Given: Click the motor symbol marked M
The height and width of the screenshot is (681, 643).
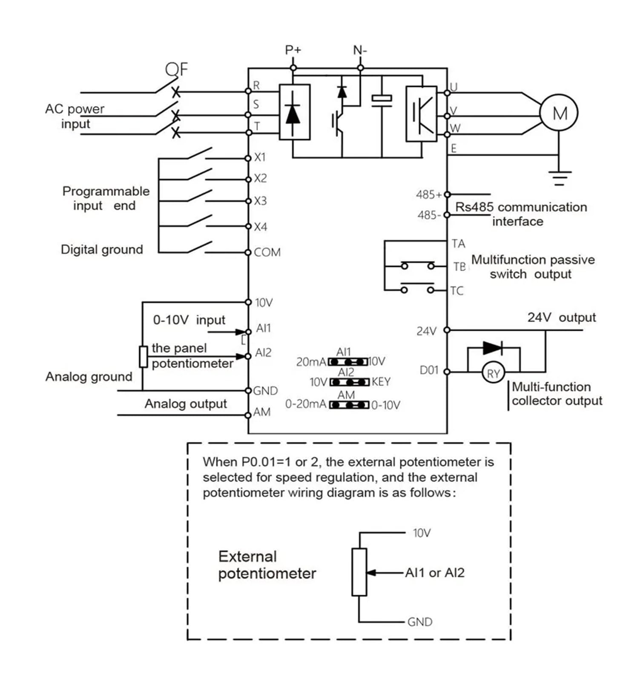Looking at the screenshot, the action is (x=559, y=113).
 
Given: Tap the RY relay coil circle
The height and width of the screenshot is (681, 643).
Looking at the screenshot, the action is (x=493, y=373).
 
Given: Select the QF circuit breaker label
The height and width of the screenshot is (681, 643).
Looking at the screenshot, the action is (x=176, y=69).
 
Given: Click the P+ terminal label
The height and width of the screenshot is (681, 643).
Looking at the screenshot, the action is (x=293, y=50).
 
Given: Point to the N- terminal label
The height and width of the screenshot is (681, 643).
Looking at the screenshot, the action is (x=360, y=51).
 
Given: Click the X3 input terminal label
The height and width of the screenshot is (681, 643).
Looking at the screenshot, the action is (x=260, y=200).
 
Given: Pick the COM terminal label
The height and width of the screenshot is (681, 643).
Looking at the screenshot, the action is (x=267, y=252).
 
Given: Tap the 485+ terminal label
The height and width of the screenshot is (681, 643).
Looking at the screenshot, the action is (x=429, y=195).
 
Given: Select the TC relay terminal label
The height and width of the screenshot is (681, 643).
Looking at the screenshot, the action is (x=457, y=291).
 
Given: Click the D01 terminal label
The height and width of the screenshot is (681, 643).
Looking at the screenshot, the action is (x=429, y=370).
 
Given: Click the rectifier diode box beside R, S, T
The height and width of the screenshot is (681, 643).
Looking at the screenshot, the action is (x=294, y=112).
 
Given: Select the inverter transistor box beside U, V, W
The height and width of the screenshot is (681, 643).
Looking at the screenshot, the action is (x=421, y=114).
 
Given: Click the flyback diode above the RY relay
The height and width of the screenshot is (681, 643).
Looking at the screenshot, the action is (x=493, y=348).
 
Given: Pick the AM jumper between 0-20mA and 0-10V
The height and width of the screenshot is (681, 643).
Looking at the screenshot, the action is (x=349, y=404).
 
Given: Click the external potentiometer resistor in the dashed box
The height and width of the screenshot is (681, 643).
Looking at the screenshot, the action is (x=359, y=572).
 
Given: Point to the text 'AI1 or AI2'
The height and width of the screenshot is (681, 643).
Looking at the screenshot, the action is (x=434, y=573).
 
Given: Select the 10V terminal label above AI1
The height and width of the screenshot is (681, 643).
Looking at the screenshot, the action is (x=264, y=303).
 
